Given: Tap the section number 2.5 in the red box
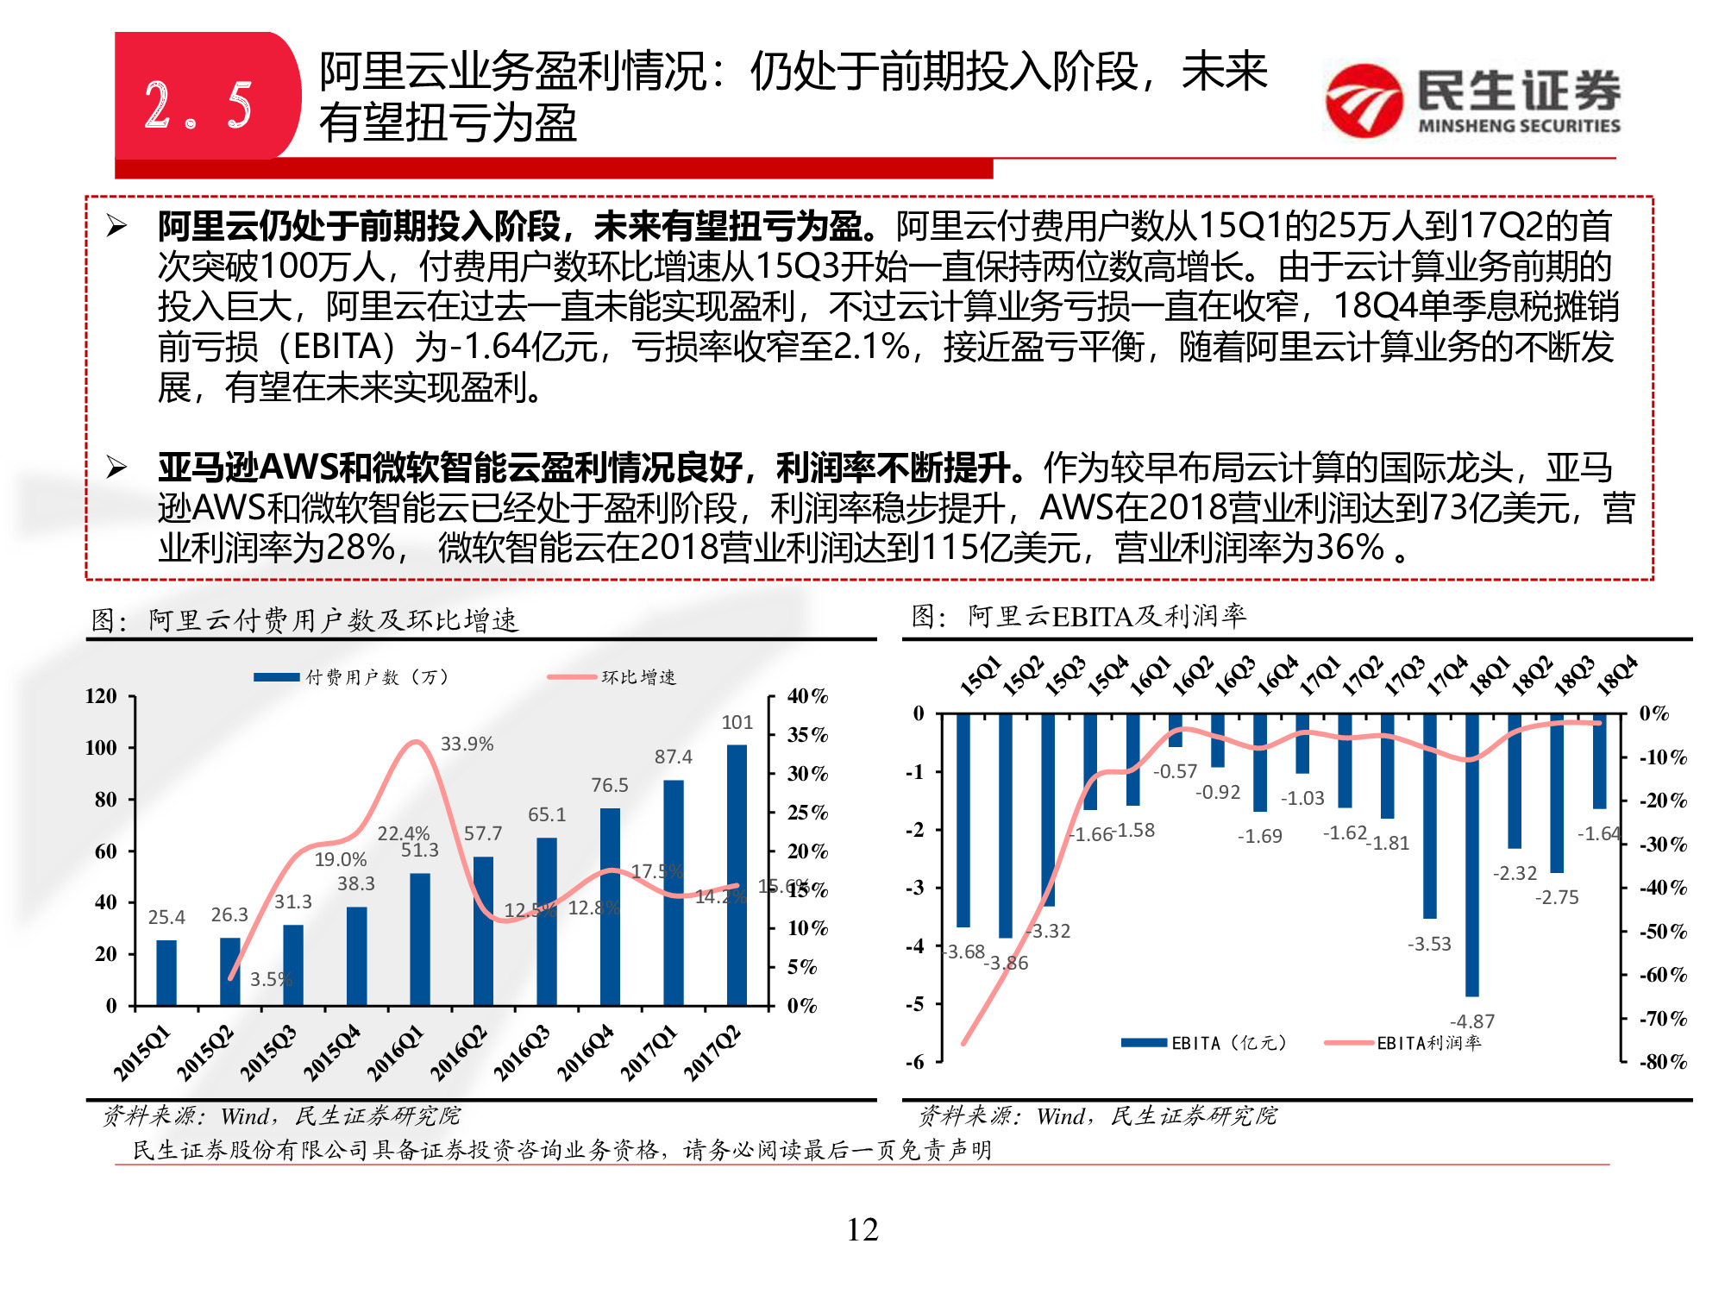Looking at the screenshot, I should click(198, 106).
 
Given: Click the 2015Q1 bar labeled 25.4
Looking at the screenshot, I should click(166, 972).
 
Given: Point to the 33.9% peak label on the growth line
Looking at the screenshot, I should click(467, 744).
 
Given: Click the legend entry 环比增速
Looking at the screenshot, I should click(638, 677).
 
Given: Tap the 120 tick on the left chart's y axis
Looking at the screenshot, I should click(101, 696).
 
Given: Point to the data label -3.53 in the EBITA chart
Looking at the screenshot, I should click(1429, 944).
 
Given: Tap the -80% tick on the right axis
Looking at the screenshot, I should click(1663, 1062).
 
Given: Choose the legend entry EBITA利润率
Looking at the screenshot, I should click(1428, 1043).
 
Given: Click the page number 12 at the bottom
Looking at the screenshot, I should click(862, 1229).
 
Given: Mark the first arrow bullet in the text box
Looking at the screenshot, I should click(116, 227).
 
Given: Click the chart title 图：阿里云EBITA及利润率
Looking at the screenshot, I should click(1078, 616).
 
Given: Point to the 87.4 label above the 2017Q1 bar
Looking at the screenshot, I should click(673, 757).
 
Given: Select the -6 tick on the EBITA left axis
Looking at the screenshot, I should click(914, 1062).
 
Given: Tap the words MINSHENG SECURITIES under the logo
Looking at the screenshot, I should click(1519, 126).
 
